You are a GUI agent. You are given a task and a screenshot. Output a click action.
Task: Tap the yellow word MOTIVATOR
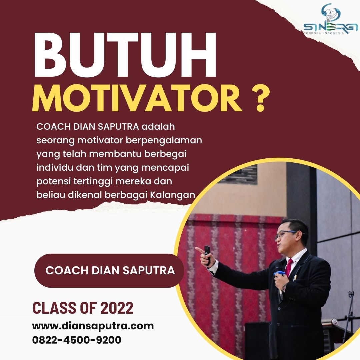click(137, 98)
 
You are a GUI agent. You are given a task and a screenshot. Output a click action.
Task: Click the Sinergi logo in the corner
click(330, 20)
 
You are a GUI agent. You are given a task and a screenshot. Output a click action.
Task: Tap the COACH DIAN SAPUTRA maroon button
click(109, 270)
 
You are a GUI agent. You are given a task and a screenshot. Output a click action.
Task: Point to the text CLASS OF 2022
click(83, 308)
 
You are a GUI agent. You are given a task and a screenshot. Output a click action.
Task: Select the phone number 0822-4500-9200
click(77, 340)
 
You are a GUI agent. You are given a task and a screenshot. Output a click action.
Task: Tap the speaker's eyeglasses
click(286, 234)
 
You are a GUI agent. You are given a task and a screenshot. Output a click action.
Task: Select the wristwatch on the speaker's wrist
click(285, 287)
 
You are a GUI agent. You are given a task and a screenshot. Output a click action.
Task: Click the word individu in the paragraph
click(55, 168)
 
